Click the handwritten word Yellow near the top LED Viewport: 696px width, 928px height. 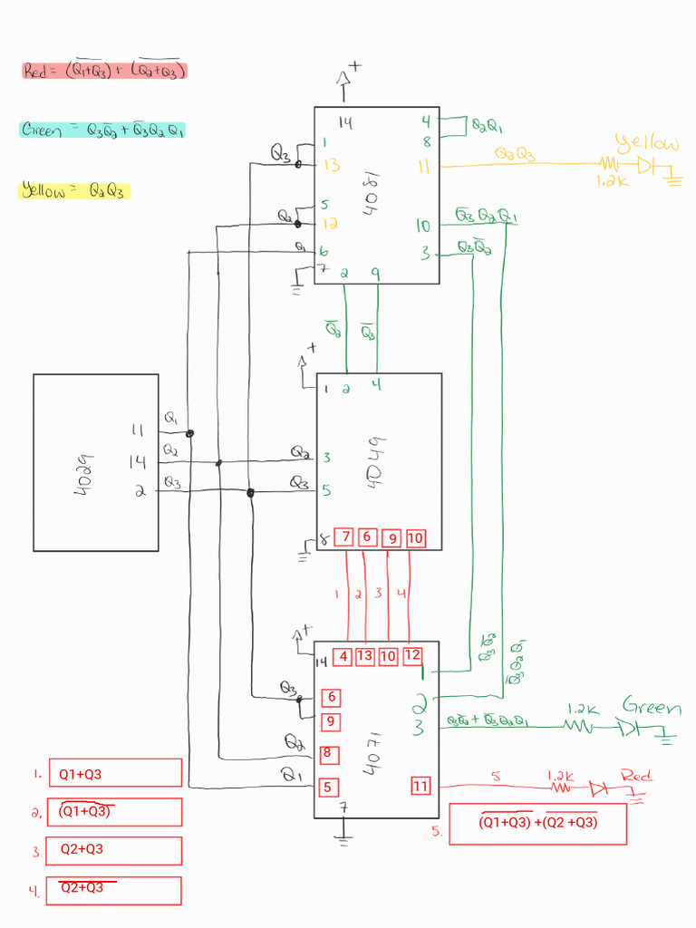647,143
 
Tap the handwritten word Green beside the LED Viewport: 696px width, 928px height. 652,707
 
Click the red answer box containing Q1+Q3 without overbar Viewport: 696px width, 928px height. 115,773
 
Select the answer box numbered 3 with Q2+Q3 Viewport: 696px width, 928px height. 115,850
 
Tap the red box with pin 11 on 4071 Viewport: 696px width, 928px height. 420,787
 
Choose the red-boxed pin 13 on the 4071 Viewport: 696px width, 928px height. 365,656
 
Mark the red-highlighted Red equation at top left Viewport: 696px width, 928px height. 103,70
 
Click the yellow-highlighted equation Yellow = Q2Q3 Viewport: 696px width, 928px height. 74,191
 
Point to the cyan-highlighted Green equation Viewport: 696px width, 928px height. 102,130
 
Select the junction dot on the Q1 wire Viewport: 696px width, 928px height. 189,434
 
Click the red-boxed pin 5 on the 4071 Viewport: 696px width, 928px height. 327,787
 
